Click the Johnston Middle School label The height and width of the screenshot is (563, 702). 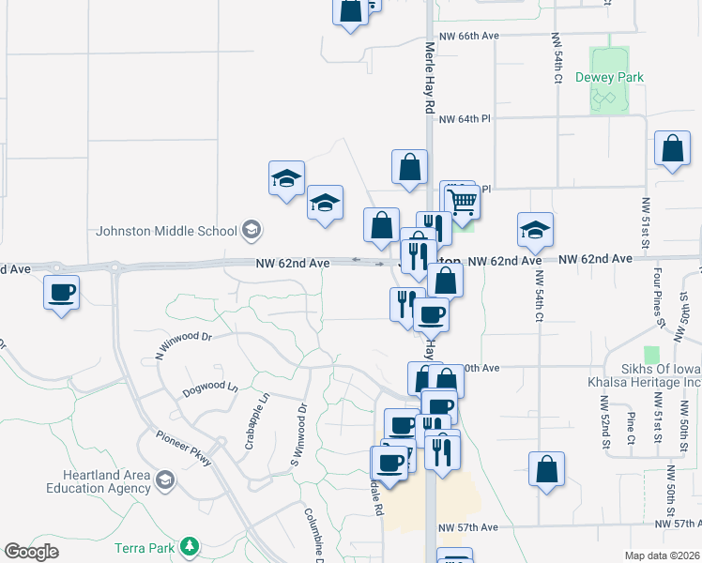click(166, 231)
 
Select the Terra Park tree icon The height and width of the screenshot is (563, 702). click(190, 546)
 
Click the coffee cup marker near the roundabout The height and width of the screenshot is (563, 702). click(62, 293)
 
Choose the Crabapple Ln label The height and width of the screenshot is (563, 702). click(251, 420)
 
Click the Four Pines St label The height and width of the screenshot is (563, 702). click(661, 296)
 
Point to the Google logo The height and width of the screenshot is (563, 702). click(31, 553)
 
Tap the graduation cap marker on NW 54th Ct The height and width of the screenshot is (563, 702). click(535, 229)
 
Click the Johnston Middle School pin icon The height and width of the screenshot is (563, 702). click(252, 229)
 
